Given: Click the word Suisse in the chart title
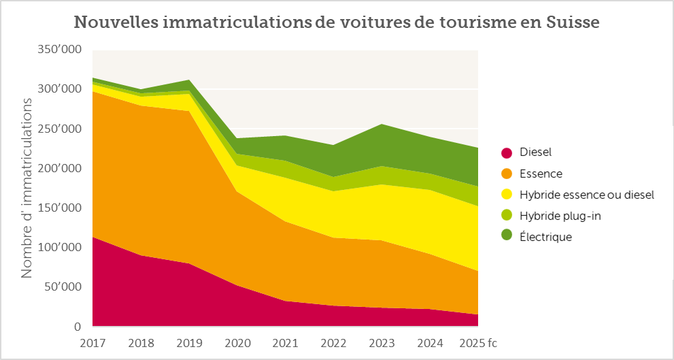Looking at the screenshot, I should coord(573,22).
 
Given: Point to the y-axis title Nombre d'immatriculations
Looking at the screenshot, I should coord(27,188).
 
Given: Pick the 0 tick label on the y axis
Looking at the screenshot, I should coord(77,327).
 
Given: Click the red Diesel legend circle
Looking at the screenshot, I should coord(506,153).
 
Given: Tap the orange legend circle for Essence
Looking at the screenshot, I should coord(506,174).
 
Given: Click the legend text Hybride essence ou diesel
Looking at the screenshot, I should coord(586,195).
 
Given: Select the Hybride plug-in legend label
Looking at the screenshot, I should coord(560,216).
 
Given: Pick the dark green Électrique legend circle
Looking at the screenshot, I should coord(506,237).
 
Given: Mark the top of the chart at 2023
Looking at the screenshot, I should coord(381,124).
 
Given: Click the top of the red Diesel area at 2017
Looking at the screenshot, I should coord(93,238).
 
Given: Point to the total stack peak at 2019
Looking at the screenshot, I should coord(189,80).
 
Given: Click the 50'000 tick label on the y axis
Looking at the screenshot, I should coord(61,287).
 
